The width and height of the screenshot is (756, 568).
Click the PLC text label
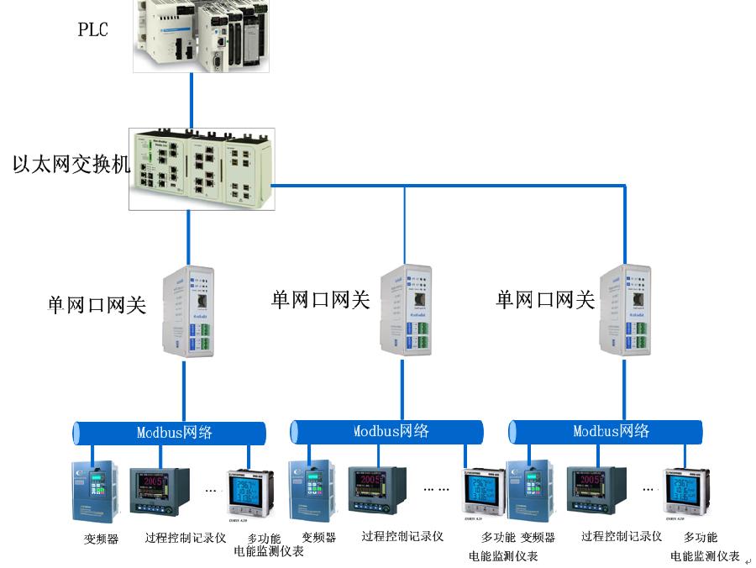click(x=93, y=30)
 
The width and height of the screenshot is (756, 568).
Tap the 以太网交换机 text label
click(x=71, y=163)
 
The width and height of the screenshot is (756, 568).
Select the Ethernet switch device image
click(x=202, y=168)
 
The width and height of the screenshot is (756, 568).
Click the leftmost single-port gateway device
click(x=188, y=311)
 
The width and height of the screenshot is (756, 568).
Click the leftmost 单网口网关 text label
click(x=97, y=304)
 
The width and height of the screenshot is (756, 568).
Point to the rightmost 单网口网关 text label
click(x=545, y=299)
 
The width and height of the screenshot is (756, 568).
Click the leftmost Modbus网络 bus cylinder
click(x=169, y=433)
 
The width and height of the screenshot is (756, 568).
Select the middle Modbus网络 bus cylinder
click(x=387, y=431)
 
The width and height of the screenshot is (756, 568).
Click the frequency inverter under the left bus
click(x=93, y=492)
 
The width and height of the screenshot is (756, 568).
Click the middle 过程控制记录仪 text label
click(x=402, y=536)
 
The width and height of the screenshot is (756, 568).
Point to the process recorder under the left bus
click(x=160, y=492)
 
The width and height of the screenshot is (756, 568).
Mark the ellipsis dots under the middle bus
click(x=436, y=487)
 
